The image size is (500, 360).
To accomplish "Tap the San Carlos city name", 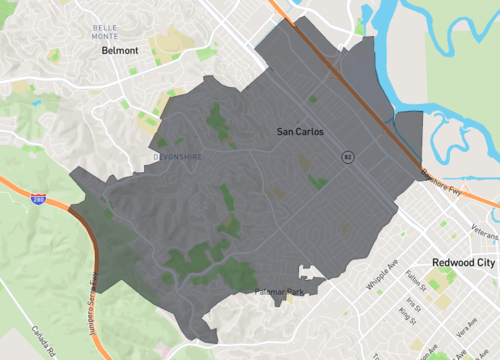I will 300,131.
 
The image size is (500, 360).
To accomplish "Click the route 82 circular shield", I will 347,156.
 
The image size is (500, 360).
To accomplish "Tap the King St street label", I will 407,315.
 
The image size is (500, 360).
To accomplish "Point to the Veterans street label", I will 484,232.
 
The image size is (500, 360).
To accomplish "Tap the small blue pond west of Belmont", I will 37,101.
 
